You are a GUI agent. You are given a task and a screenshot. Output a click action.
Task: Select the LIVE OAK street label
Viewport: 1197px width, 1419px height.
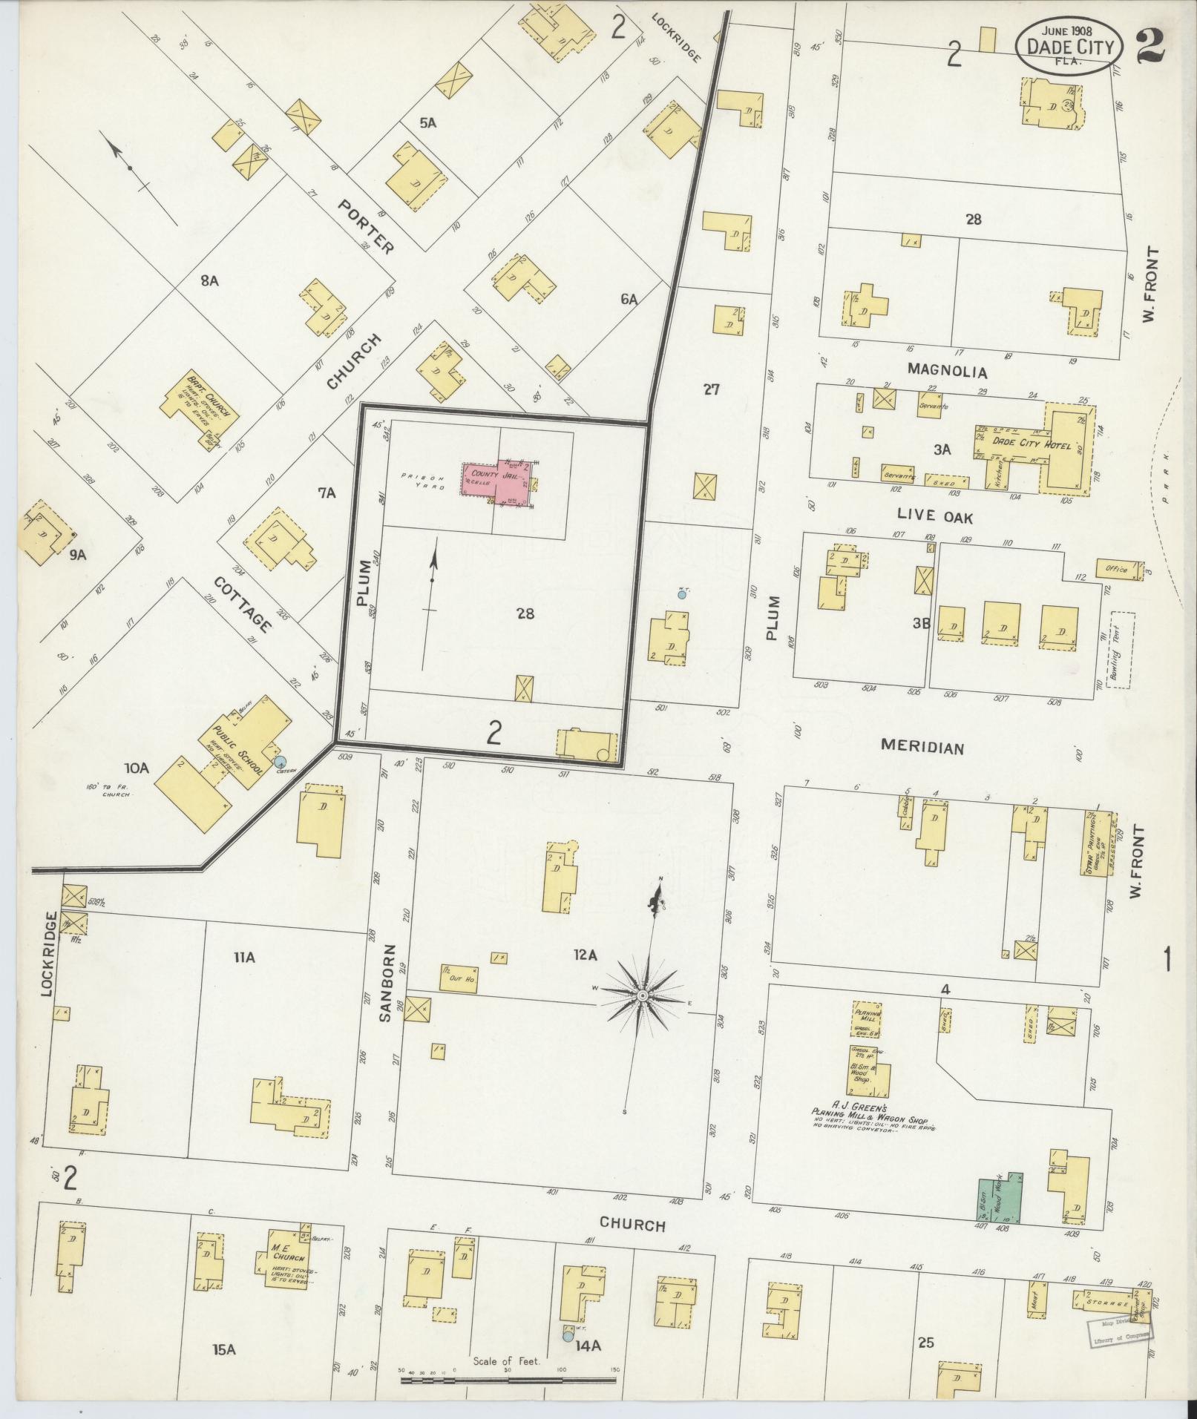click(934, 515)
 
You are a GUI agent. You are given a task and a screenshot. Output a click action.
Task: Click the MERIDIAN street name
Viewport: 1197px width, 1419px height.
click(922, 748)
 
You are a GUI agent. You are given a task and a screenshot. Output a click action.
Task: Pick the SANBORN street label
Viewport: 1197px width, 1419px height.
click(385, 983)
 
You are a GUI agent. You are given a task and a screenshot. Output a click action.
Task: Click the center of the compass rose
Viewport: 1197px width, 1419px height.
click(643, 994)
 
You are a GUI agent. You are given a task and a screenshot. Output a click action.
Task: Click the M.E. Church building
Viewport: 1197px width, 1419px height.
click(286, 1268)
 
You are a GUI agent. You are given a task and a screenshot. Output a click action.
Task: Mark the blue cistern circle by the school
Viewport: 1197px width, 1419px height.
click(280, 761)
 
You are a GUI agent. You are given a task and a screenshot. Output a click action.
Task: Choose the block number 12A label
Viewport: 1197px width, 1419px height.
click(584, 956)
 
